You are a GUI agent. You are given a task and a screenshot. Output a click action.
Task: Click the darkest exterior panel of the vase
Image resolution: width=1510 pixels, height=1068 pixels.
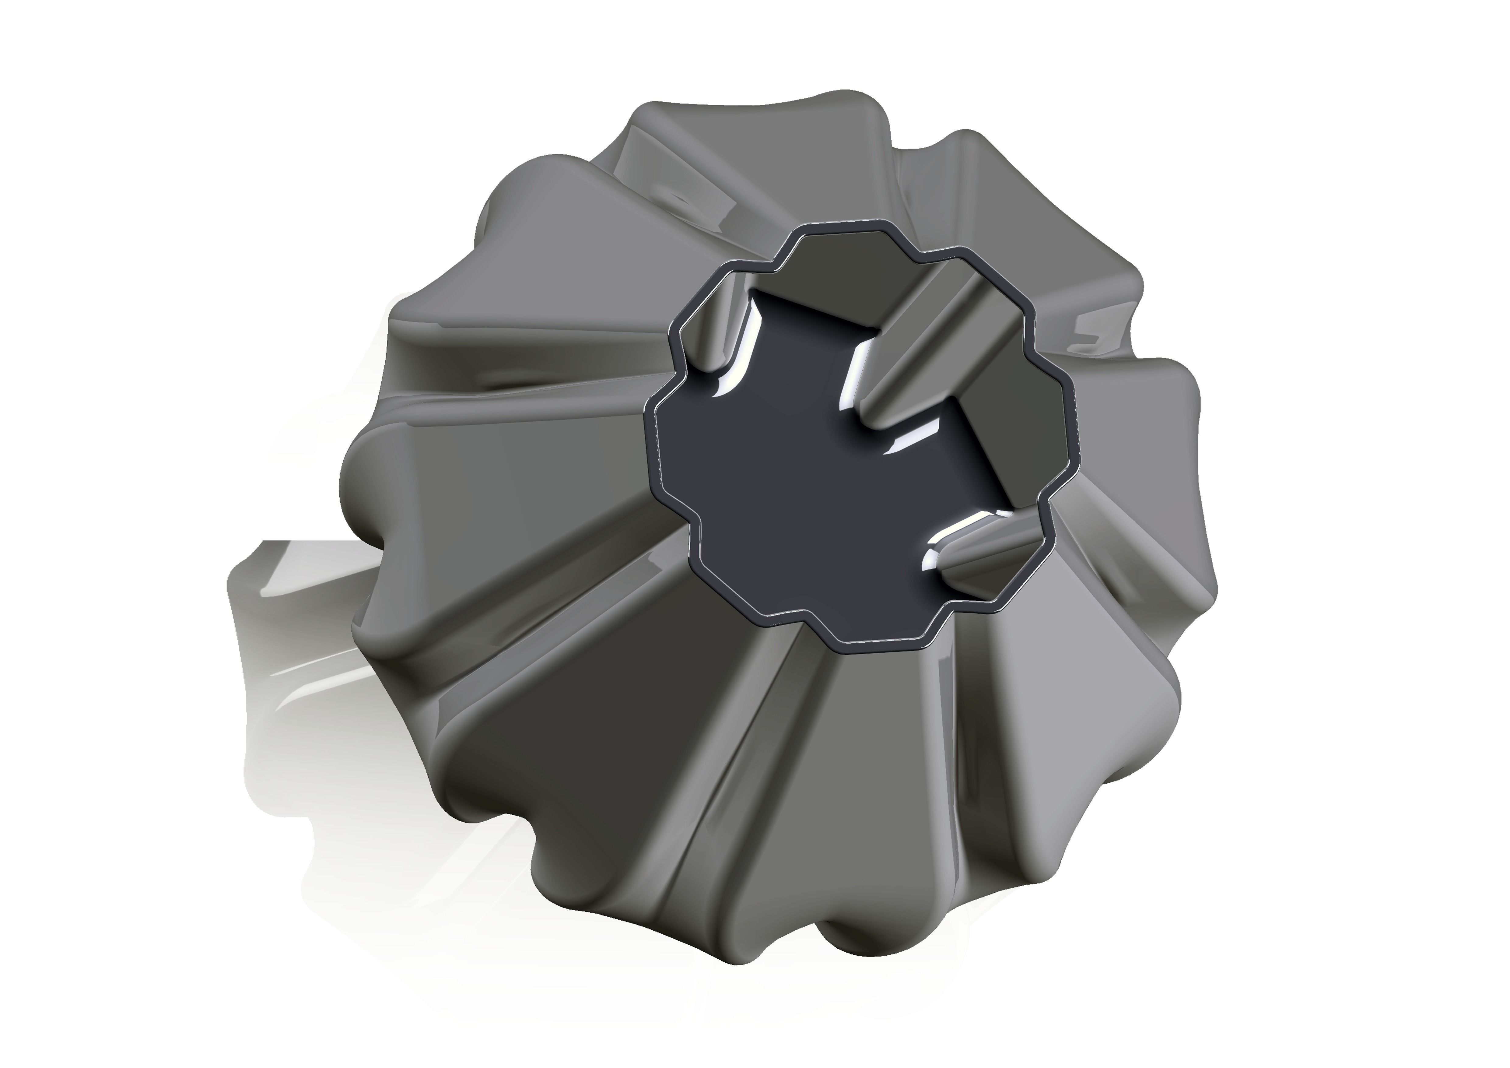click(592, 710)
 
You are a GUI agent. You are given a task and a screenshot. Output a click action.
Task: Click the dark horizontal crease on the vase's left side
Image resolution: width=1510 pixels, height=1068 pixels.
click(460, 388)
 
